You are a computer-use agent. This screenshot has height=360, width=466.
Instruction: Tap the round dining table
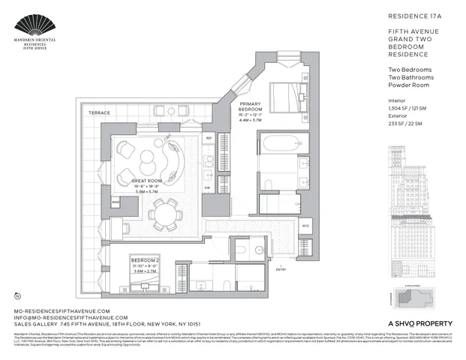click(164, 216)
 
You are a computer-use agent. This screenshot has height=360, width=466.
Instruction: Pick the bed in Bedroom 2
click(145, 280)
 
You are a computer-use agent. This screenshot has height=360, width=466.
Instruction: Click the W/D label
click(305, 225)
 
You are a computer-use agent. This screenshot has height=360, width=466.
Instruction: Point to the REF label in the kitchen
click(209, 139)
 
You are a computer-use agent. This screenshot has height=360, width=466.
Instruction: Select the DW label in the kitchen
click(207, 188)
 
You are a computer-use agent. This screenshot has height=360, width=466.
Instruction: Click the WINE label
click(116, 202)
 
